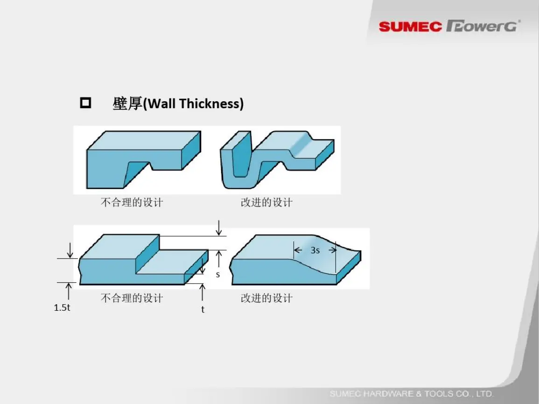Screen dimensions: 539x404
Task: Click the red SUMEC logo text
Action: tap(410, 27)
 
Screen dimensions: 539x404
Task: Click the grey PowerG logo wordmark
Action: tap(483, 26)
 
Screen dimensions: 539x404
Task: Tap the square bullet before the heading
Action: tap(85, 103)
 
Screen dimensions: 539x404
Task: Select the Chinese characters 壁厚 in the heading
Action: tap(127, 104)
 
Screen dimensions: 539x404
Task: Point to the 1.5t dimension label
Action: tap(62, 307)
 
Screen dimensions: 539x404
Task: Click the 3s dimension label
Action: tap(315, 250)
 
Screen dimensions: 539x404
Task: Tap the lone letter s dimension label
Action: tap(217, 275)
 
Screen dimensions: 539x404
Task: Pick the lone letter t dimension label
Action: tap(203, 309)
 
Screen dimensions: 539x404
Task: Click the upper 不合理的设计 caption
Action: tap(132, 202)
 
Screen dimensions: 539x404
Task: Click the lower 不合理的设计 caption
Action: tap(132, 298)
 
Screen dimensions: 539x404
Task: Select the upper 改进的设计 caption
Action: tap(266, 202)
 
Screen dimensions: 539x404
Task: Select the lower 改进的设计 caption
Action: tap(266, 298)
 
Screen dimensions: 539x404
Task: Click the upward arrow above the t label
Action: tap(203, 293)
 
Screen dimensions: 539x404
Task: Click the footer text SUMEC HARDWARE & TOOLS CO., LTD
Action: tap(411, 394)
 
